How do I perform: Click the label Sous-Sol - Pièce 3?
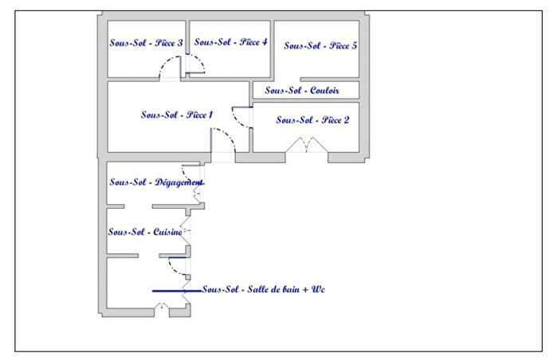pos(146,43)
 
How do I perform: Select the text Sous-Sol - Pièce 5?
pos(320,46)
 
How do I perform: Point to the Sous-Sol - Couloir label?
pos(302,91)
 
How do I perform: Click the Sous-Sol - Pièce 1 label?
pos(176,115)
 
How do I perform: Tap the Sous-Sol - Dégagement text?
pos(155,183)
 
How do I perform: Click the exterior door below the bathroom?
pos(163,308)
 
